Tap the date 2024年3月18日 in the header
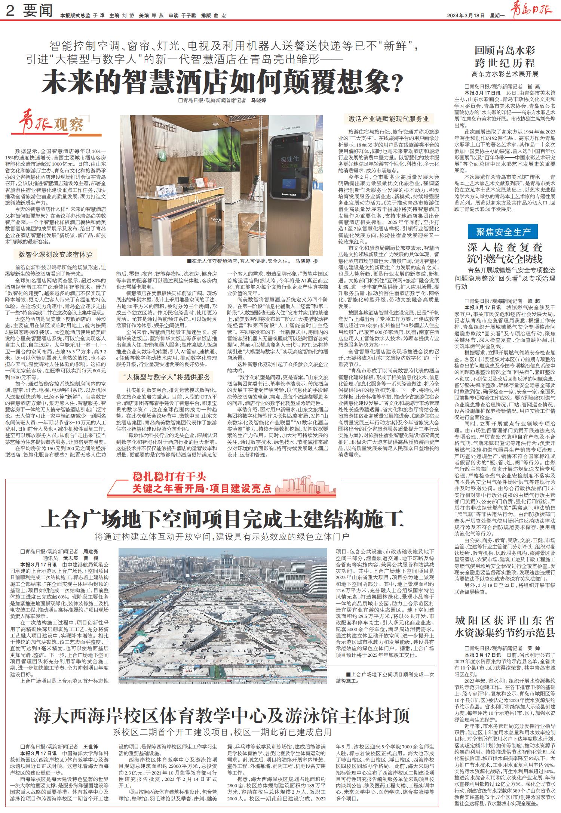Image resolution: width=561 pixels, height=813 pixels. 466,16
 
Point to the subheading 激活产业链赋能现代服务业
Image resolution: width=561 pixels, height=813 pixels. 389,119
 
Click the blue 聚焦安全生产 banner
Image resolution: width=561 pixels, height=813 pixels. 503,232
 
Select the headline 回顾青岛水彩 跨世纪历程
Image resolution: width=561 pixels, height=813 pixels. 505,56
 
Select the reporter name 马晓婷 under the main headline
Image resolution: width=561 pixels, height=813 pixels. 258,101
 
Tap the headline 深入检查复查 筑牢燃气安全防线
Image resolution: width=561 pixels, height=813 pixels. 505,253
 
